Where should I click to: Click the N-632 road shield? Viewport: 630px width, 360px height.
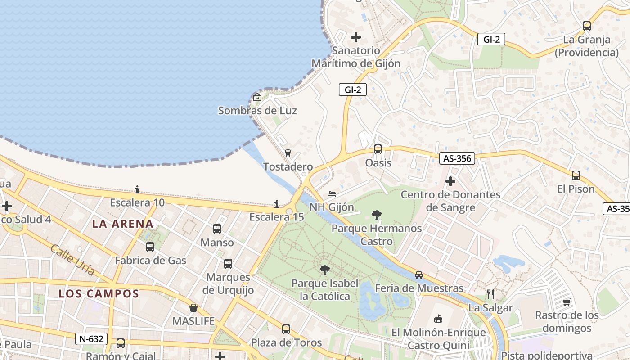tap(92, 339)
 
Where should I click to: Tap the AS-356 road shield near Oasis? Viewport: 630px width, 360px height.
tap(457, 158)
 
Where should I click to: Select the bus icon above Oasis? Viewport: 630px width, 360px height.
tap(378, 149)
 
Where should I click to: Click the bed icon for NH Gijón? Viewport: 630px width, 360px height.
tap(332, 194)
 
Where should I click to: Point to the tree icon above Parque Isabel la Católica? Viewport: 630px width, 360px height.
tap(324, 270)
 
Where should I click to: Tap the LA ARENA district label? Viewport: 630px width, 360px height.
tap(123, 224)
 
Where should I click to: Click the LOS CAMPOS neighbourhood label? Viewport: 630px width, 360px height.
tap(99, 294)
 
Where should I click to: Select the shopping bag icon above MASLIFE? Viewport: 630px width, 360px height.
tap(193, 308)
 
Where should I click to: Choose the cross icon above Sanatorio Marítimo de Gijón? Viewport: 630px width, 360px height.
tap(356, 37)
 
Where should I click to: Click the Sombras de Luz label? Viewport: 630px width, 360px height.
tap(257, 110)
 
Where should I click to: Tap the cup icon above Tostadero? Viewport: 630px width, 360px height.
tap(288, 153)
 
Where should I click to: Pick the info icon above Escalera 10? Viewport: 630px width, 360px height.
tap(138, 189)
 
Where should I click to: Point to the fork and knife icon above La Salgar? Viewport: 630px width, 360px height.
tap(490, 294)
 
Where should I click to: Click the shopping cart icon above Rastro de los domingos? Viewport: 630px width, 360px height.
tap(567, 301)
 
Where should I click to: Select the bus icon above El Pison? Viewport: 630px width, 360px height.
tap(576, 175)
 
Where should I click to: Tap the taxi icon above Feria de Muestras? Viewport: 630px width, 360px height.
tap(419, 274)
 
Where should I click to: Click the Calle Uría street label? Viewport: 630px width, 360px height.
tap(72, 260)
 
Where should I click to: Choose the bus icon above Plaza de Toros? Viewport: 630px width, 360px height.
tap(286, 329)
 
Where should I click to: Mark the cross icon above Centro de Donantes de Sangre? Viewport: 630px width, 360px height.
tap(450, 181)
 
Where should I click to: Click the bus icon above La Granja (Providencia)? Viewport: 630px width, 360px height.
tap(587, 26)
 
